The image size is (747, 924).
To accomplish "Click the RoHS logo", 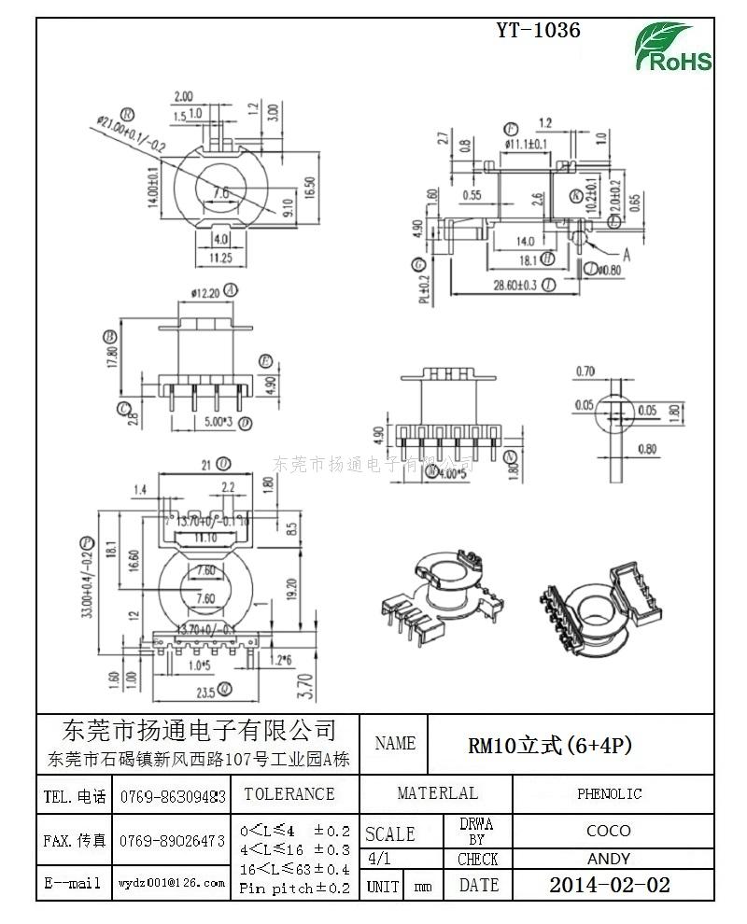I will tap(673, 48).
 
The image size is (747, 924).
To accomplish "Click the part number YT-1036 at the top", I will tap(538, 31).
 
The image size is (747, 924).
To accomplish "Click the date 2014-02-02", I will tap(609, 885).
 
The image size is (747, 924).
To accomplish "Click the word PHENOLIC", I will tap(609, 794).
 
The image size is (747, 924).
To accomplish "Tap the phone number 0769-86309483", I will tap(173, 796).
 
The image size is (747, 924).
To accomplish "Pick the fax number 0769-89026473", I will tap(173, 841).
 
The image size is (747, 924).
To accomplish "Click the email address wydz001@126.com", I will tap(172, 882).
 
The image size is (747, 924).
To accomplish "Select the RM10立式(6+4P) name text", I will tap(550, 745).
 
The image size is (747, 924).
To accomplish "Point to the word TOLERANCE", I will tap(289, 794).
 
